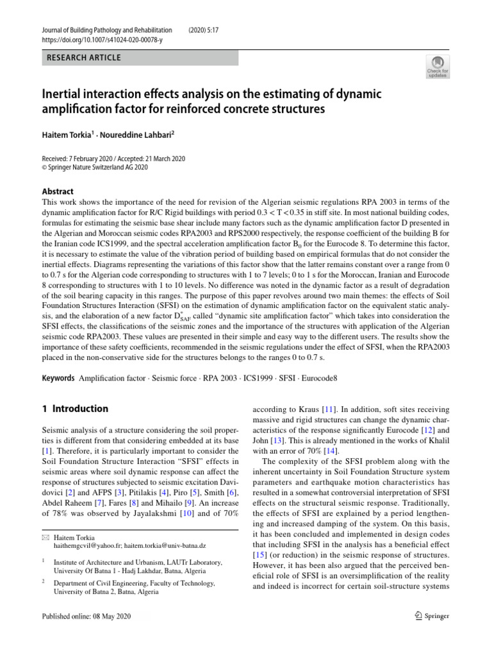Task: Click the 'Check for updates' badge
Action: [438, 66]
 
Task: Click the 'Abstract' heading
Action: [58, 191]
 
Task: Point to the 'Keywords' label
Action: [58, 379]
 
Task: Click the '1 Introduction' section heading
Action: [75, 409]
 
